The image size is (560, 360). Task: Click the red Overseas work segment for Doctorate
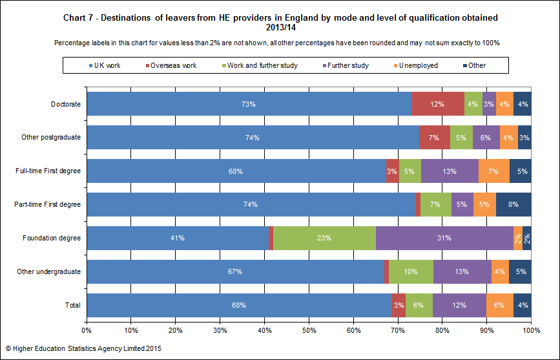pyautogui.click(x=438, y=103)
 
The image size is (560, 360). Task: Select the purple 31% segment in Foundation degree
pyautogui.click(x=444, y=238)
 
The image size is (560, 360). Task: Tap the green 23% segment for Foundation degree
pyautogui.click(x=325, y=238)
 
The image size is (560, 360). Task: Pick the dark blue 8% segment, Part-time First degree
pyautogui.click(x=513, y=204)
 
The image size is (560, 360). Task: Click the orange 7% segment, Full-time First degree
pyautogui.click(x=494, y=171)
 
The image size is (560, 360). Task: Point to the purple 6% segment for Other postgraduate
pyautogui.click(x=486, y=137)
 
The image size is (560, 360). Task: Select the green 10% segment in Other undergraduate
pyautogui.click(x=411, y=271)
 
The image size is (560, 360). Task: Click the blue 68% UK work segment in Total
pyautogui.click(x=239, y=305)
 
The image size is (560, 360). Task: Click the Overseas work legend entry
pyautogui.click(x=171, y=65)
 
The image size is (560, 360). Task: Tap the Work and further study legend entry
pyautogui.click(x=260, y=65)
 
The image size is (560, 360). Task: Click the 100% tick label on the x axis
pyautogui.click(x=531, y=330)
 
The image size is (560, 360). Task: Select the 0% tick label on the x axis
pyautogui.click(x=87, y=330)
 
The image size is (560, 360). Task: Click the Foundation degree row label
pyautogui.click(x=52, y=238)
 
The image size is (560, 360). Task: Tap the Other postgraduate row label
pyautogui.click(x=51, y=137)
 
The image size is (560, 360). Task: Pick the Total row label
pyautogui.click(x=73, y=305)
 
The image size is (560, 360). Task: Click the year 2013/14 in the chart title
pyautogui.click(x=281, y=28)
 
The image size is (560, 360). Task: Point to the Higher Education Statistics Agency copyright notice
pyautogui.click(x=83, y=348)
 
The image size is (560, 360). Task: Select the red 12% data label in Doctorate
pyautogui.click(x=437, y=104)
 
